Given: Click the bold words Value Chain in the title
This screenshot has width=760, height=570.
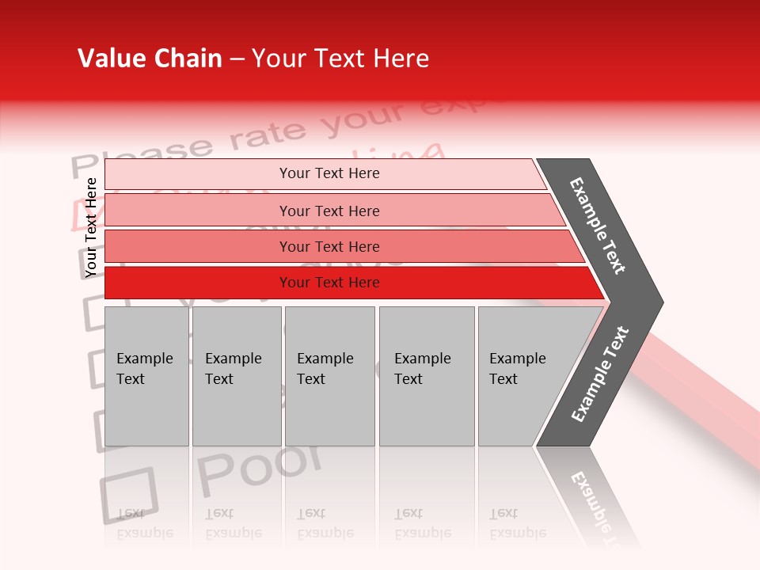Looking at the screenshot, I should (150, 59).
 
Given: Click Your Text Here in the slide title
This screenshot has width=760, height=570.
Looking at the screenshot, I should (340, 59).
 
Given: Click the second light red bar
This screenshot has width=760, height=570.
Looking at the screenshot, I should (329, 211).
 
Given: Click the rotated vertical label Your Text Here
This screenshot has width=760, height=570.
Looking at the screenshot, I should (91, 227).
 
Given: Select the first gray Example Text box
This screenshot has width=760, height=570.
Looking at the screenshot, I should (146, 376).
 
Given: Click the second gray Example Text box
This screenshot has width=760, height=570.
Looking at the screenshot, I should (236, 376).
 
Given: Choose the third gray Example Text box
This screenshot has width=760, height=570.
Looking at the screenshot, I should (329, 376).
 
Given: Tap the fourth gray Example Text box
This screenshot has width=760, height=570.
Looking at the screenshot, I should (426, 376).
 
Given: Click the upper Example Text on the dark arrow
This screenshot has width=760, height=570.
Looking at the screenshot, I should (598, 226).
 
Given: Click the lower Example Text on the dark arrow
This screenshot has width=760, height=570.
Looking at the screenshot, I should (600, 374).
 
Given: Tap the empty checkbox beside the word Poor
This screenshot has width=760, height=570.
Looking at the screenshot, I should (129, 495).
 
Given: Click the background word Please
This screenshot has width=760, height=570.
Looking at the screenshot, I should (142, 157).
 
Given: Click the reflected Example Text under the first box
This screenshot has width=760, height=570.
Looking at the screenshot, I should (145, 523).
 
